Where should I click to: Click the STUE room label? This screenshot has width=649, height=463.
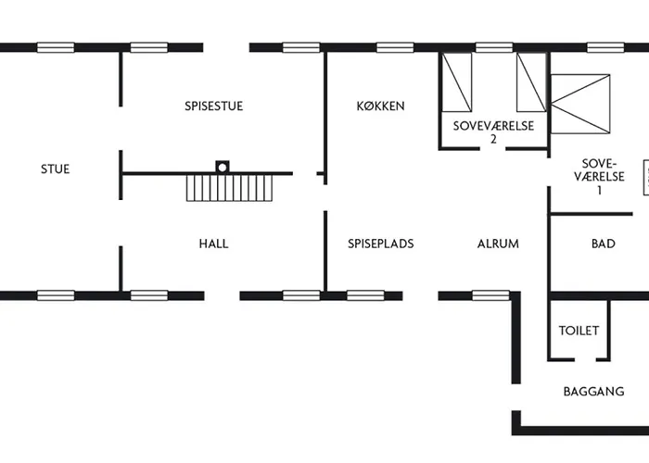pos(55,169)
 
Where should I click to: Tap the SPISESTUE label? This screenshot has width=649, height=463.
pos(213,106)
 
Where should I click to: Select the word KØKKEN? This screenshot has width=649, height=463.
pos(380,106)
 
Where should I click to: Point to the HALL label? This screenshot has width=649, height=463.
pos(213,244)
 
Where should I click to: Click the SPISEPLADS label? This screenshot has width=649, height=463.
pos(380,244)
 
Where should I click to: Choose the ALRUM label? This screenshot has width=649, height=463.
pos(498,244)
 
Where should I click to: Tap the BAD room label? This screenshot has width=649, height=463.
pos(603,244)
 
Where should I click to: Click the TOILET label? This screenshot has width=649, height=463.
pos(579,331)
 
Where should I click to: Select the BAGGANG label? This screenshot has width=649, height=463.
pos(593,392)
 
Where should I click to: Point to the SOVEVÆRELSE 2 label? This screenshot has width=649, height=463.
pos(493,131)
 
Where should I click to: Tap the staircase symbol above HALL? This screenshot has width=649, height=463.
pos(230,188)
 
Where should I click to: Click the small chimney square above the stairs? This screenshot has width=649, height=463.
pos(222,167)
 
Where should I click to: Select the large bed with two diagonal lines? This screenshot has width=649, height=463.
pos(580,104)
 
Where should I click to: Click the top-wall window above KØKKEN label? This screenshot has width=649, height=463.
pos(394,47)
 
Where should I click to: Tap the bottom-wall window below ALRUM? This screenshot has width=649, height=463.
pos(490,296)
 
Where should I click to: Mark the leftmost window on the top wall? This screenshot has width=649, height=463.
pos(56,47)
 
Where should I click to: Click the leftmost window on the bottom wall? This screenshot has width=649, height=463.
pos(56,296)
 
